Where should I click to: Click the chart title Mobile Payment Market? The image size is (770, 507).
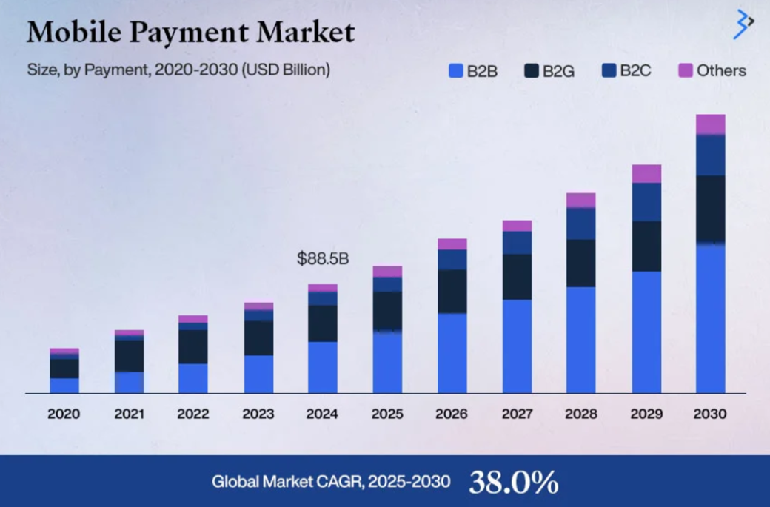(x=190, y=32)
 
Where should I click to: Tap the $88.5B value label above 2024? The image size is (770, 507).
(x=322, y=259)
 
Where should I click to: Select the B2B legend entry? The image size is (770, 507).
(x=473, y=71)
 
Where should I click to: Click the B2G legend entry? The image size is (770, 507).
(x=549, y=71)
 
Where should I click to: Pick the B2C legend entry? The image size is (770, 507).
(x=626, y=71)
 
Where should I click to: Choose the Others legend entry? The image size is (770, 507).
(x=712, y=71)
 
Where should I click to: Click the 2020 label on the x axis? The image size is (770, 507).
(x=64, y=414)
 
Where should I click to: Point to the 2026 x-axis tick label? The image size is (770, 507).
(x=452, y=414)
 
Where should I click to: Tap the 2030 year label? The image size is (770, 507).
(x=710, y=414)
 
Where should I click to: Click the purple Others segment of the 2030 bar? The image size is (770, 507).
(x=710, y=124)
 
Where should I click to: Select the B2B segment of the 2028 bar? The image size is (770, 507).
(x=580, y=340)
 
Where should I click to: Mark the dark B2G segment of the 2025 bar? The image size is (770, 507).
(x=387, y=311)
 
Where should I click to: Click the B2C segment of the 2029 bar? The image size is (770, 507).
(x=646, y=201)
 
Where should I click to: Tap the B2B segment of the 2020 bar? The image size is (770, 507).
(x=64, y=385)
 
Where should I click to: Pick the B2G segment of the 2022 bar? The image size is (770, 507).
(x=193, y=346)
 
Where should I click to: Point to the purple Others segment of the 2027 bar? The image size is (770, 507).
(x=516, y=226)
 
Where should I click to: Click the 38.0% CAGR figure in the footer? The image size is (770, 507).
(x=513, y=482)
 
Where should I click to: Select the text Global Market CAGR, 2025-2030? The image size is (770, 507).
(x=331, y=482)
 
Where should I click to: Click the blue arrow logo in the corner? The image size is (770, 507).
(x=742, y=24)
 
